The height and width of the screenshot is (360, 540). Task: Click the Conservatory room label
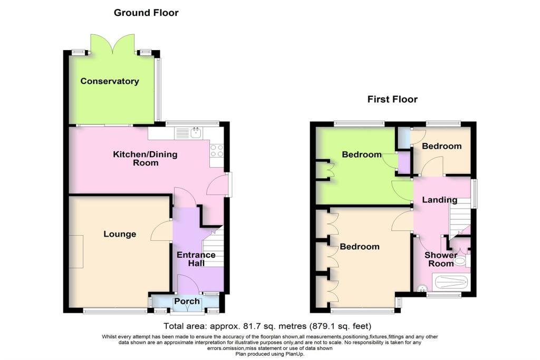(x=110, y=81)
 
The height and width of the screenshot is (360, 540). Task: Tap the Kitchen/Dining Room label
(x=146, y=159)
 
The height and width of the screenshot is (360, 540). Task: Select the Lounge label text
(x=120, y=234)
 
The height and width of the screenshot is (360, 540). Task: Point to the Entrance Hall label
(x=196, y=259)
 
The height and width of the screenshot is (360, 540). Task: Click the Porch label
(x=187, y=301)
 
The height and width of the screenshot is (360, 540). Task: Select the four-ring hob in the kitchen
(x=217, y=151)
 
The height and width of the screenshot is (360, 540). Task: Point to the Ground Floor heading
(x=146, y=13)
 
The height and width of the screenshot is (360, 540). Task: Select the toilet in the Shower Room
(x=462, y=260)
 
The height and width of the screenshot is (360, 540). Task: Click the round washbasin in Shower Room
(x=421, y=288)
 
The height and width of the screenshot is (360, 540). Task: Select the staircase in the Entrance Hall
(x=214, y=248)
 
